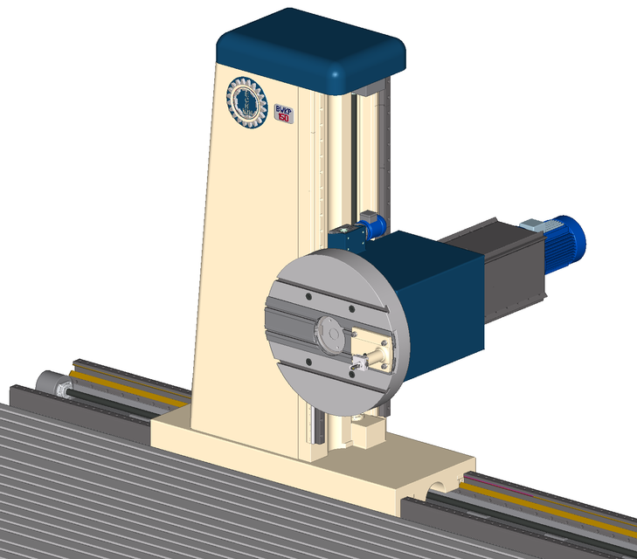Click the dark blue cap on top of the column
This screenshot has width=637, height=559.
pyautogui.click(x=311, y=51)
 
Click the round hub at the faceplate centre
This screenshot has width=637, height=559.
pyautogui.click(x=329, y=334)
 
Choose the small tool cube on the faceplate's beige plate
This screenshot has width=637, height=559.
pyautogui.click(x=359, y=362)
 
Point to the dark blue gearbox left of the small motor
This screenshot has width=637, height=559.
pyautogui.click(x=347, y=237)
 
